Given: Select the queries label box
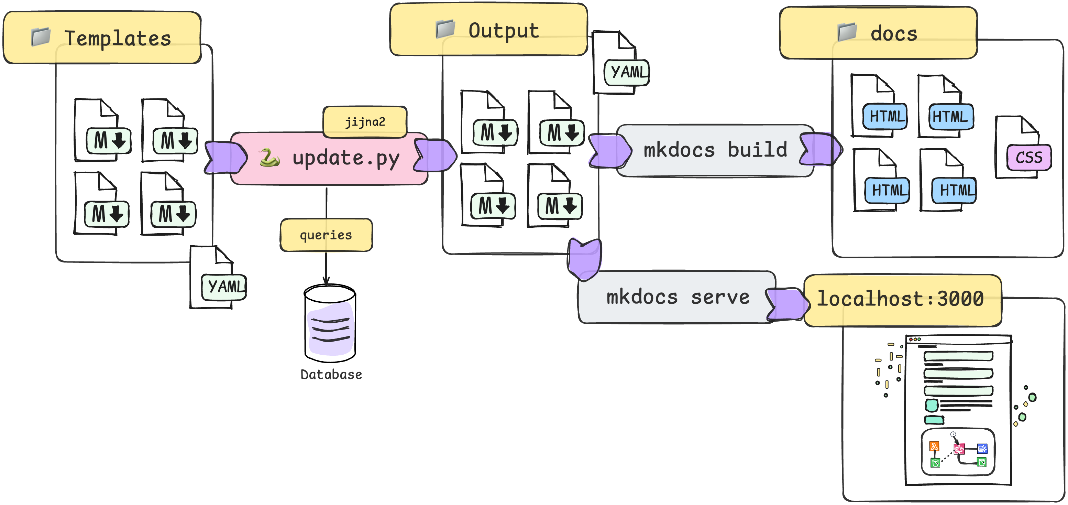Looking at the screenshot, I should (326, 235).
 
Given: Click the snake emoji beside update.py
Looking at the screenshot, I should (269, 158).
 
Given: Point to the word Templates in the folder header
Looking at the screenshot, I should (118, 39).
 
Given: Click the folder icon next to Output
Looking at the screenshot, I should (445, 29).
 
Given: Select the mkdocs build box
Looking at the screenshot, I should (715, 150).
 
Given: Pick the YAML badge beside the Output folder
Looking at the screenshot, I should (627, 73).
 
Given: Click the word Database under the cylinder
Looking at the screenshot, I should (331, 375).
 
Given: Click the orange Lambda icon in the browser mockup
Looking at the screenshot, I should (934, 447).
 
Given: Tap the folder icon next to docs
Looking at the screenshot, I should (847, 32).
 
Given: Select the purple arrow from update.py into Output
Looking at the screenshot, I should (435, 155).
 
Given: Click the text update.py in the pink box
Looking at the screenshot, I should (346, 158).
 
